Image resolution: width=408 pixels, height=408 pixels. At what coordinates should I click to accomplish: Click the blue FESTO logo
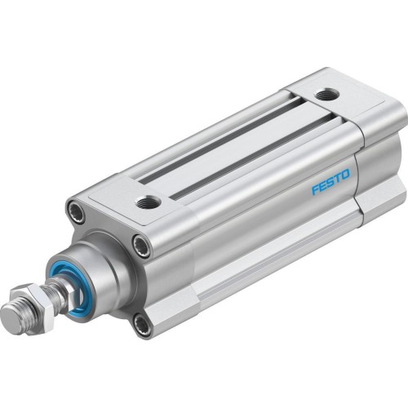coord(330,181)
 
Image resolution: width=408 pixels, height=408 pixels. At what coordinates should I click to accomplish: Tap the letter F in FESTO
coord(315,189)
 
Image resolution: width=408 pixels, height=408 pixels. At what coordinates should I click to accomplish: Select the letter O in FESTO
coord(344,174)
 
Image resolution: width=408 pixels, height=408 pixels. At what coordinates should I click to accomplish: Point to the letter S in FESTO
coord(330,181)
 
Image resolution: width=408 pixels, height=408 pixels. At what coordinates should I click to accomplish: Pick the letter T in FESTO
coord(336,178)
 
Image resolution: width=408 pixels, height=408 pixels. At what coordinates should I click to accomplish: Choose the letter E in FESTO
coord(322,185)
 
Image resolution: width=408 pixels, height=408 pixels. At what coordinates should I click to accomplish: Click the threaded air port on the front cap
coord(149,201)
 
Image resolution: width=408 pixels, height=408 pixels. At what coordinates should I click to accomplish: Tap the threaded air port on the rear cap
coord(328,95)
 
